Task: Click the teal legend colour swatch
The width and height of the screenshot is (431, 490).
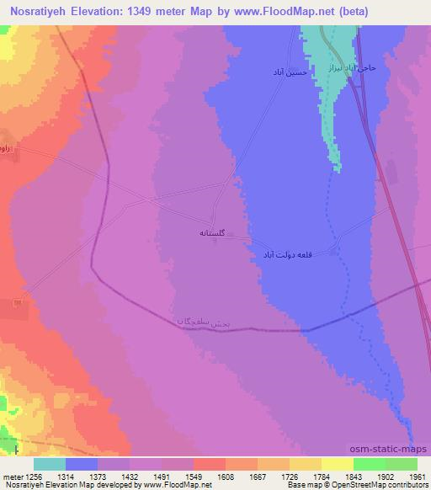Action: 50,463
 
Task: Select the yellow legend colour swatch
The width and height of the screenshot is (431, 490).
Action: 337,463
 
